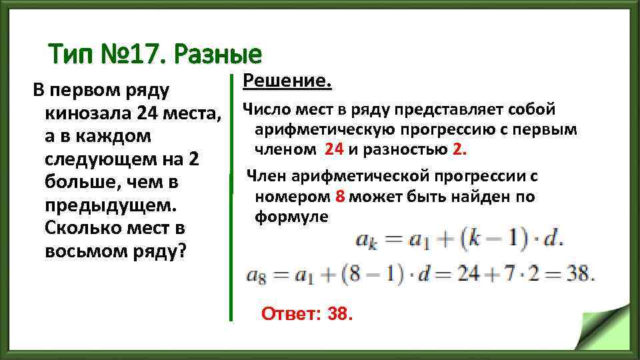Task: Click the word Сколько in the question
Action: pos(79,228)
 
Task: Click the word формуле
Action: pos(291,217)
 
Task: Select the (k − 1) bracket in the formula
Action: pos(493,241)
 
